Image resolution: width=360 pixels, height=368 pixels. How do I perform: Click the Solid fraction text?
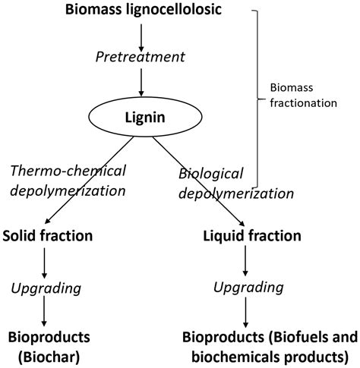(x=47, y=236)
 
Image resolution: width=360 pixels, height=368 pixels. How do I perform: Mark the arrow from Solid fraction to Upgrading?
(x=46, y=262)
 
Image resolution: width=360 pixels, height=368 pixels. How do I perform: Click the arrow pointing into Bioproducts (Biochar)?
(x=46, y=313)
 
